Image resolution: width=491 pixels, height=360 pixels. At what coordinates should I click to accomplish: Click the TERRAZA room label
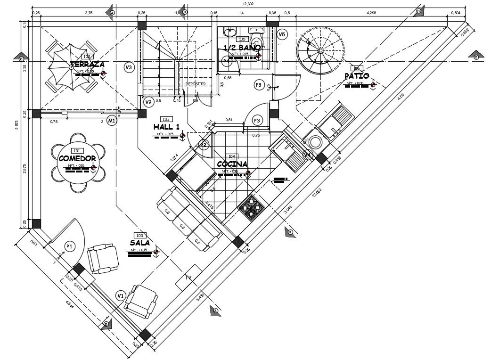tap(87, 64)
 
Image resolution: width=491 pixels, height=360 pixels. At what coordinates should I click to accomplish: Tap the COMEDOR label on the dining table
tap(77, 158)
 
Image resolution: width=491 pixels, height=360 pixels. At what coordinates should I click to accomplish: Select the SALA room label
tap(140, 242)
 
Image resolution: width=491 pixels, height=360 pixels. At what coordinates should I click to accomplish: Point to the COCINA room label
tap(232, 164)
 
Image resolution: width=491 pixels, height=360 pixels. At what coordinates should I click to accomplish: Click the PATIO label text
tap(357, 76)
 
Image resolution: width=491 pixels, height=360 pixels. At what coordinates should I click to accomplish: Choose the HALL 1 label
tap(166, 127)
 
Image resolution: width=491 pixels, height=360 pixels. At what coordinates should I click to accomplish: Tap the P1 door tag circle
tap(70, 246)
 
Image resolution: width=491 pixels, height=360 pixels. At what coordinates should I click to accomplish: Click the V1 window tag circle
tap(121, 295)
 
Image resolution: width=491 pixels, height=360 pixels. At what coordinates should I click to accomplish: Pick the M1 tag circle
tap(112, 121)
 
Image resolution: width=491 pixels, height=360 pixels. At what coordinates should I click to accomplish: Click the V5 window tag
tap(282, 34)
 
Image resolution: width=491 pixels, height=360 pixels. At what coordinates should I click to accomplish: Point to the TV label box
tap(188, 277)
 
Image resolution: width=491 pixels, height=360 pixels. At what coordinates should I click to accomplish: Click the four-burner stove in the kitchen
tap(251, 207)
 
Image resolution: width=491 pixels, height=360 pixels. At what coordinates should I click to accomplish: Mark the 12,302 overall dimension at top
tap(248, 4)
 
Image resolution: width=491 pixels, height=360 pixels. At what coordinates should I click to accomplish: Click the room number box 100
tap(139, 235)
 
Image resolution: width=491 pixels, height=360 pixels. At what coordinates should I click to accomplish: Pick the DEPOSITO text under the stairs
tap(195, 84)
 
